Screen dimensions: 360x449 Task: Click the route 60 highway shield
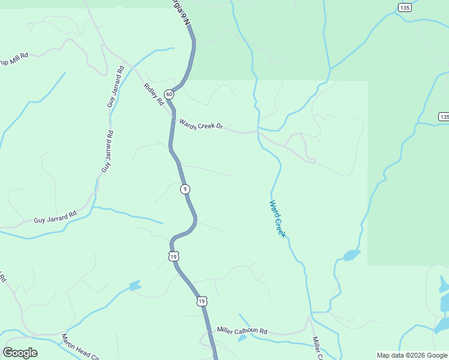coord(170,95)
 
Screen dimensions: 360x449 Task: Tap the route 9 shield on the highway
coord(185,189)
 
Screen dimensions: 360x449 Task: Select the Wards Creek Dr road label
coord(201,124)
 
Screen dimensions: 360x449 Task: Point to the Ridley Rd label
coord(154,94)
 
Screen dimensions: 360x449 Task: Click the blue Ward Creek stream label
coord(277,218)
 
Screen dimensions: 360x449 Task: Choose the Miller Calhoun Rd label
coord(242,331)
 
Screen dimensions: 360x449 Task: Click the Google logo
coord(20,353)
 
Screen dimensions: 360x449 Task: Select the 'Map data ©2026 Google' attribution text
coord(411,355)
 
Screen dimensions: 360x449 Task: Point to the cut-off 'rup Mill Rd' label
coord(14,58)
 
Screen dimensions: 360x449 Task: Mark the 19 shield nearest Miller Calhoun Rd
coord(202,301)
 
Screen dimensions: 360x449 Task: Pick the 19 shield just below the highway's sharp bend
coord(173,256)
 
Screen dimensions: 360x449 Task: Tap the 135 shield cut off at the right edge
coord(444,116)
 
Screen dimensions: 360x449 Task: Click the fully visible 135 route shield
coord(405,7)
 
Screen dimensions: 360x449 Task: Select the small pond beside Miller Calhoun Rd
coord(242,338)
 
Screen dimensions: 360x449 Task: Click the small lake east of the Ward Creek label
coord(352,255)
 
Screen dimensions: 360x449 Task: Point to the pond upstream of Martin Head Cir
coord(134,286)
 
